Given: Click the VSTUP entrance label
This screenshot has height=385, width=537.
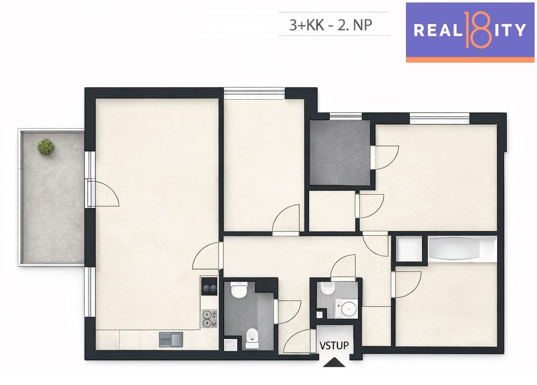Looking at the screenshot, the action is click(334, 345).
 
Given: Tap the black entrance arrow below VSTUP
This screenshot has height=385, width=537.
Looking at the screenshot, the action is click(334, 362).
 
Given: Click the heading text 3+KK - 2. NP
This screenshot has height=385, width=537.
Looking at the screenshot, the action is click(331, 25).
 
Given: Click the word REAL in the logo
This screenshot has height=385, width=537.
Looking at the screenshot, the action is click(438, 30).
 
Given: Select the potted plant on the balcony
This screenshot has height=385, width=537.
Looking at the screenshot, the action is click(46, 147).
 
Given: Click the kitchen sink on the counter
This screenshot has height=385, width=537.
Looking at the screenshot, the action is click(171, 339).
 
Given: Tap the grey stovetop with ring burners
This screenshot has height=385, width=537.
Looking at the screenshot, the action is click(209, 319).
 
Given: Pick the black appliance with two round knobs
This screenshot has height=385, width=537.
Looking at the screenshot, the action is click(209, 286).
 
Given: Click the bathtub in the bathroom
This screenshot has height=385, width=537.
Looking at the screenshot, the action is click(454, 248).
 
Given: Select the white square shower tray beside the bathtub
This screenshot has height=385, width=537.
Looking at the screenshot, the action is click(409, 249).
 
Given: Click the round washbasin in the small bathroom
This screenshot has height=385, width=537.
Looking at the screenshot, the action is click(349, 308).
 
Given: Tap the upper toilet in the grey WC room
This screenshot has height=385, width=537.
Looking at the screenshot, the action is click(238, 290).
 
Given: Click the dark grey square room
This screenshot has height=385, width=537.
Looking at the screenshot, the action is click(340, 152).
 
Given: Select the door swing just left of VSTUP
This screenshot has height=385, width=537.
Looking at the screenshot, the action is click(297, 341).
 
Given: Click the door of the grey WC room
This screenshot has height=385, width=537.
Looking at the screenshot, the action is click(288, 312).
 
